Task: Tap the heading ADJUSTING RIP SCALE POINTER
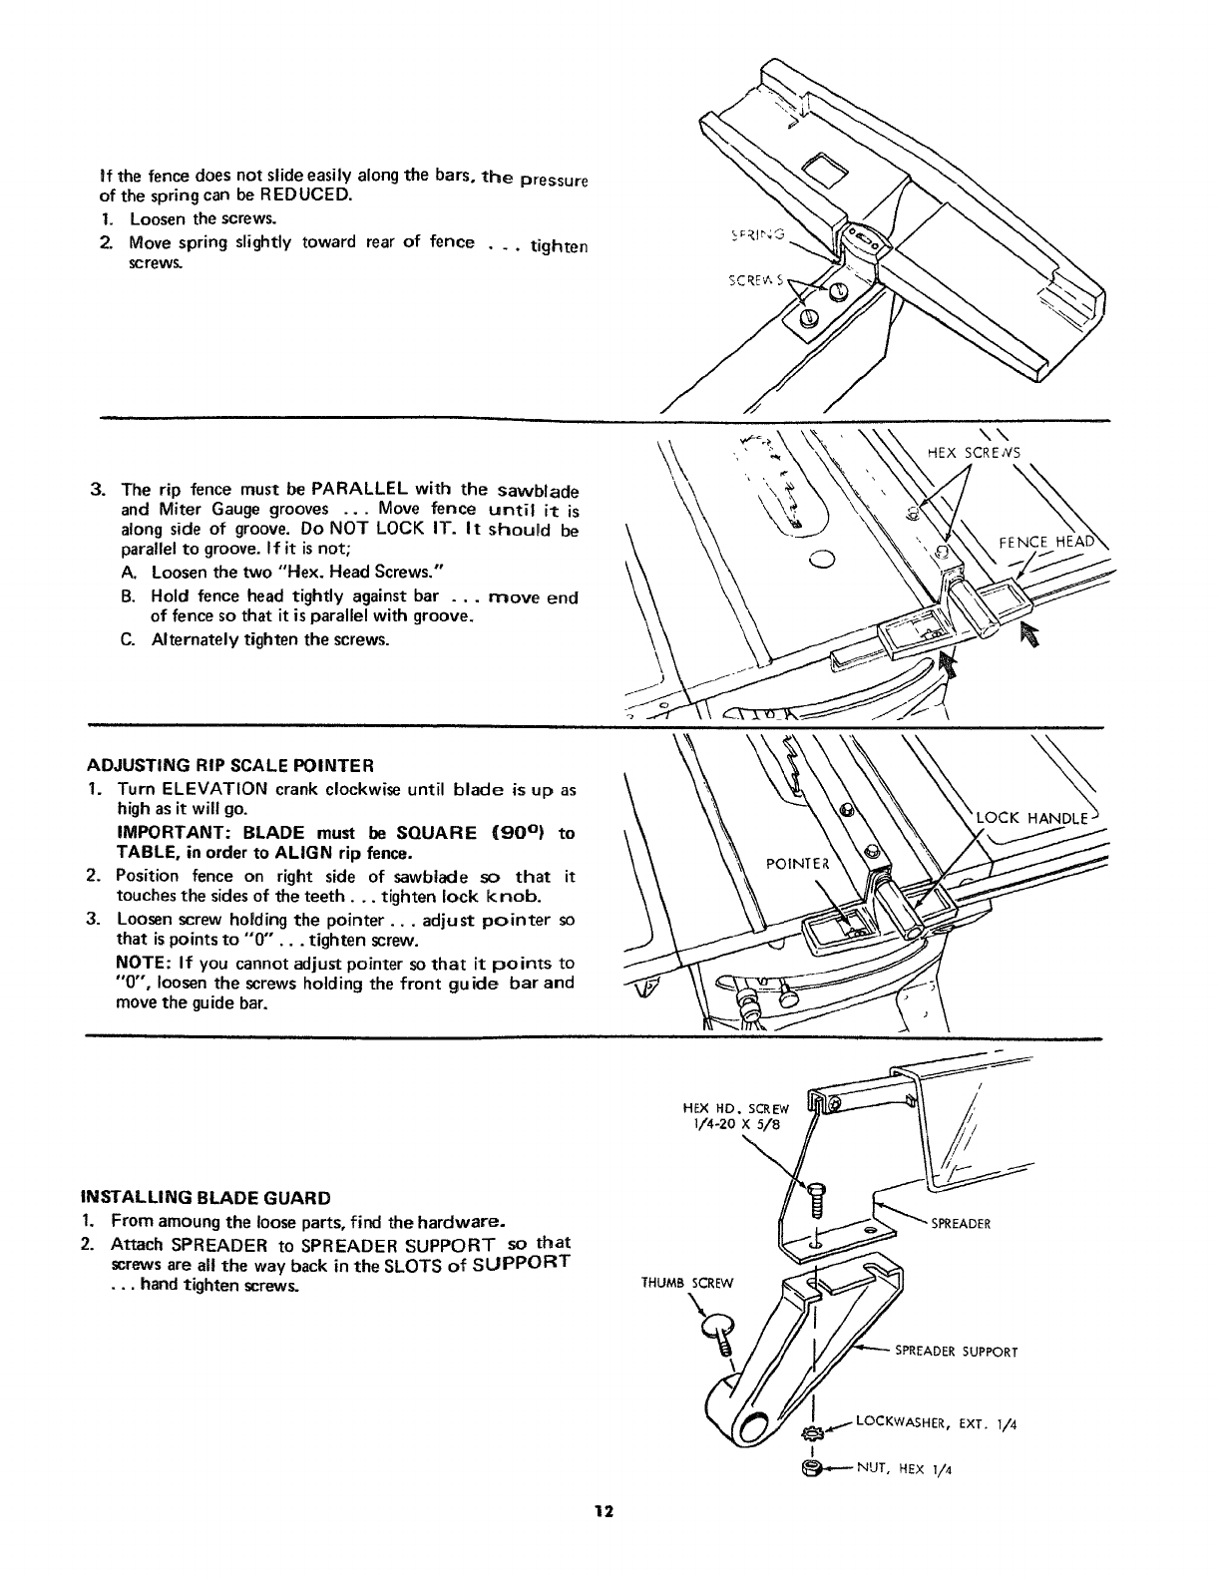point(230,766)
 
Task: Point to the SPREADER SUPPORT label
point(956,1353)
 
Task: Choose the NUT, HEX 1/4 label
point(902,1469)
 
